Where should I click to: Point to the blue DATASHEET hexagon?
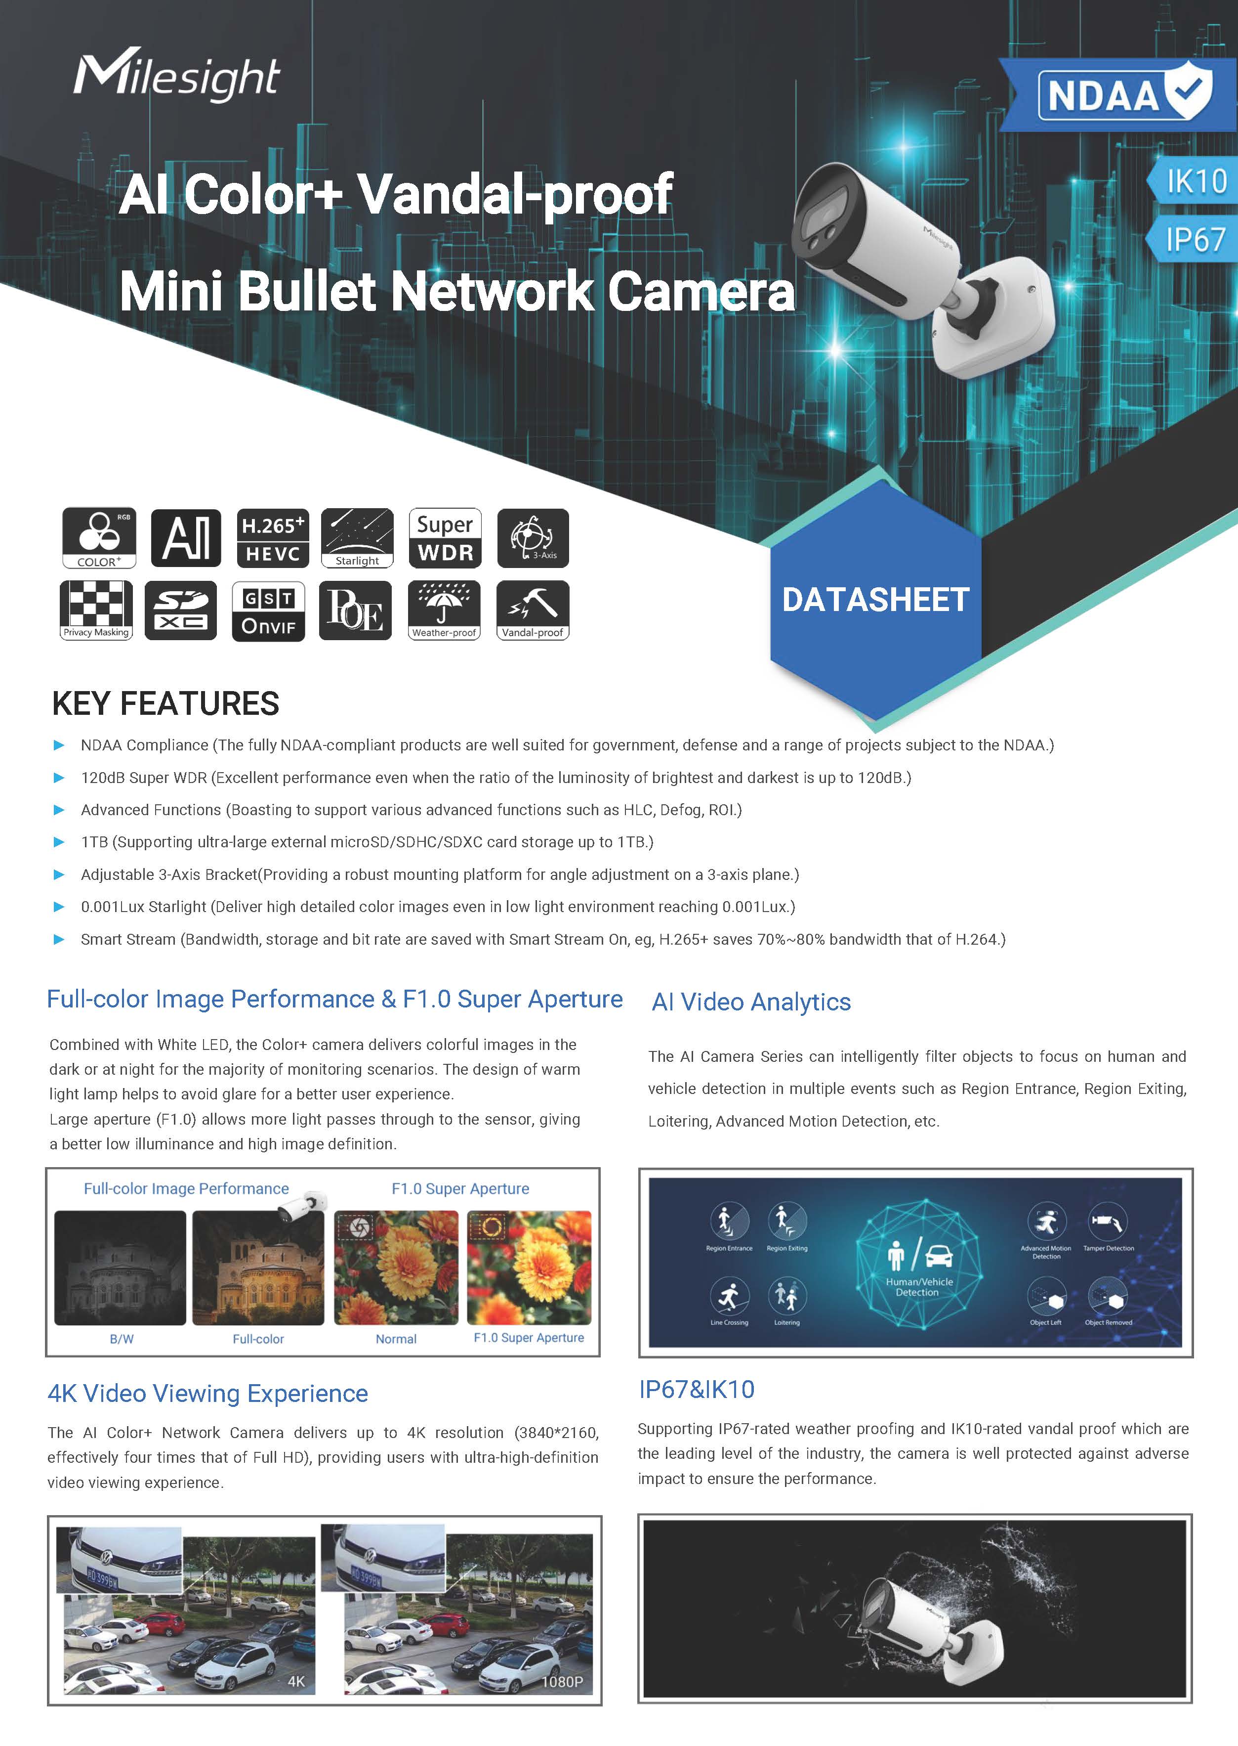875,600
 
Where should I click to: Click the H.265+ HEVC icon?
273,538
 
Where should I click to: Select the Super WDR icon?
445,538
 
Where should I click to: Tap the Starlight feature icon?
358,538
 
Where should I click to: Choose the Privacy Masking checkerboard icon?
96,610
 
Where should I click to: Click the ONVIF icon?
268,611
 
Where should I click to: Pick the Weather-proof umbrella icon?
445,610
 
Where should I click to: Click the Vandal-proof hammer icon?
532,610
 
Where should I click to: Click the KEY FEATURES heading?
165,703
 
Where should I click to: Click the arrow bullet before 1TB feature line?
59,842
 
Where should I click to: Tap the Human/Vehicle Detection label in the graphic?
918,1287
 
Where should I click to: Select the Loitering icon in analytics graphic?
786,1296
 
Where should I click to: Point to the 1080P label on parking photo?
562,1681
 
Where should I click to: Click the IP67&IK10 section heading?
697,1389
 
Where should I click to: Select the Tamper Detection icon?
1108,1222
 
